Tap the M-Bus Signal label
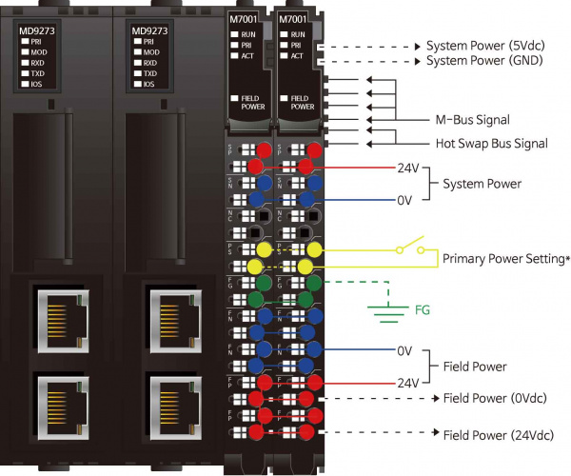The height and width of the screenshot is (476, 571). [x=471, y=120]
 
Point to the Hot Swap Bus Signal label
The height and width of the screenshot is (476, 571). [x=491, y=144]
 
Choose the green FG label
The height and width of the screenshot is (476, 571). [x=423, y=309]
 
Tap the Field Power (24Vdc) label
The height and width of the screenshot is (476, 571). [x=500, y=434]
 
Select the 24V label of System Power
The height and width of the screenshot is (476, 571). [x=407, y=168]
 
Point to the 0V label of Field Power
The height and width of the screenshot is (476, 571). [x=405, y=350]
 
